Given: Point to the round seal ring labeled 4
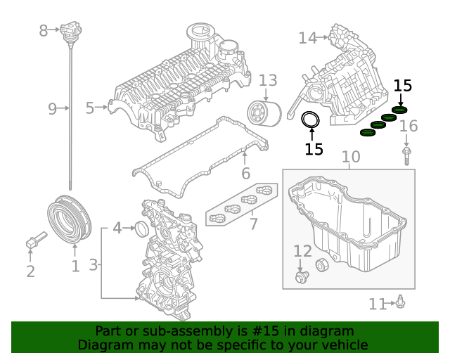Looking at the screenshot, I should pos(141,229).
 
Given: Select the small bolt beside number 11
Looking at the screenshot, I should pos(400,302).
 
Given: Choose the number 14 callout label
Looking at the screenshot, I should pos(307,37).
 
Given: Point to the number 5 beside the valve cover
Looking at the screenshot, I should pos(90,108).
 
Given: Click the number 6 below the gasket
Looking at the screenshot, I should pos(245,173).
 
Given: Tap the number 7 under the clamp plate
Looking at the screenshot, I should pos(253,224).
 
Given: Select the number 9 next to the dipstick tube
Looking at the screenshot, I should pos(52,108).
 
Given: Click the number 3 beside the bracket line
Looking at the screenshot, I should pos(94,265).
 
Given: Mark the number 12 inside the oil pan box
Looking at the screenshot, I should pos(302,251).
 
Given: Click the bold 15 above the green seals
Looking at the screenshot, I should pos(402,86).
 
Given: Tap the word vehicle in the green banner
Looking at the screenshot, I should pos(343,345).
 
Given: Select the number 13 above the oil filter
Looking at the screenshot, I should pos(268,81).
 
